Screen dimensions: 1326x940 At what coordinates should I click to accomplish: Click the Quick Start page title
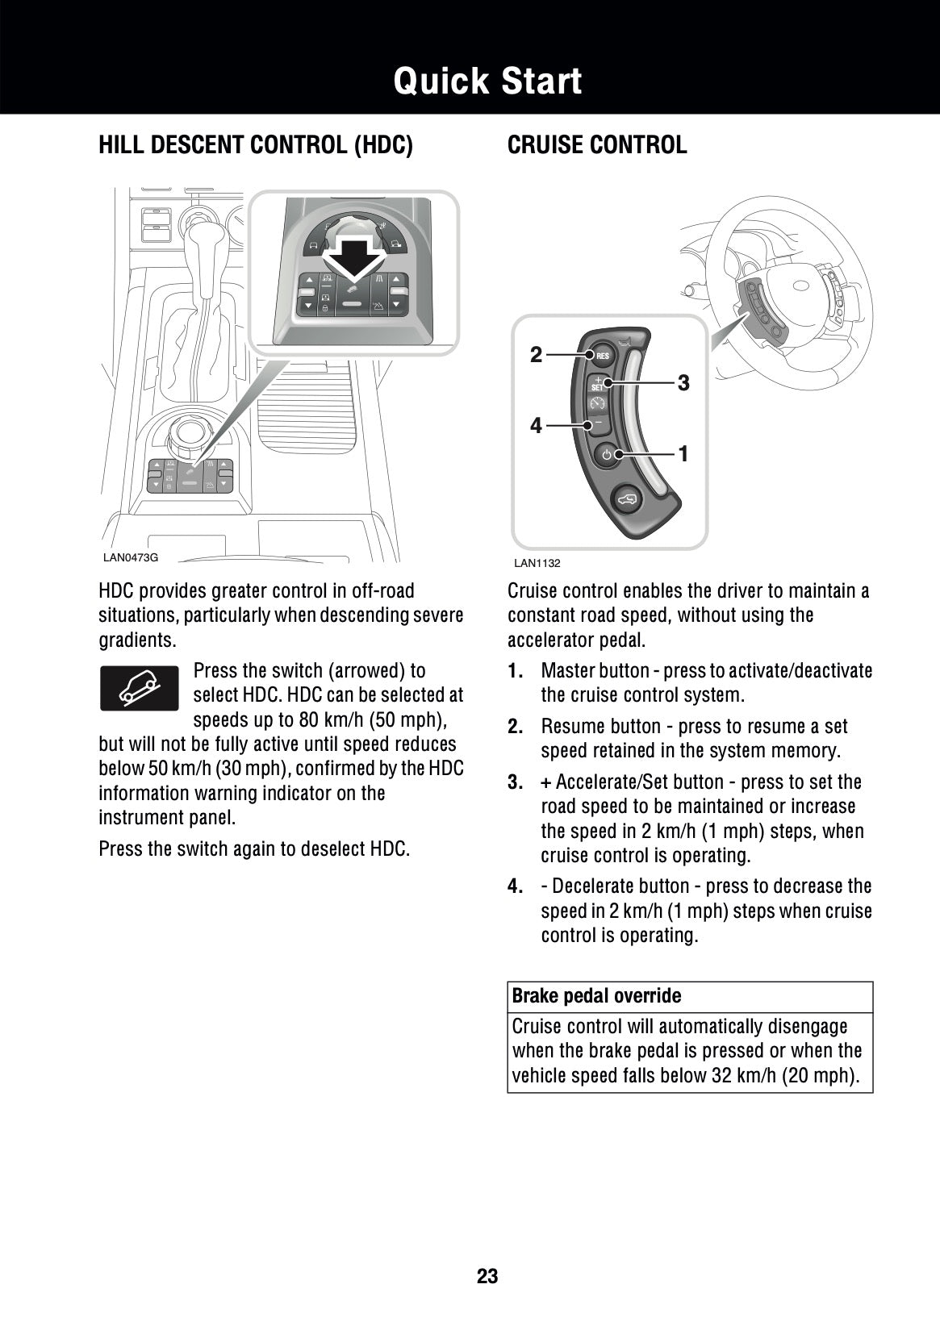click(x=487, y=81)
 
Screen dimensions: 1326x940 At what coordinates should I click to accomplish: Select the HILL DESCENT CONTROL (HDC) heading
click(x=255, y=145)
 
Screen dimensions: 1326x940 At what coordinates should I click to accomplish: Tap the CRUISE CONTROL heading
click(x=597, y=145)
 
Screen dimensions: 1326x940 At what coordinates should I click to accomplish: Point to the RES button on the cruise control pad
click(x=601, y=356)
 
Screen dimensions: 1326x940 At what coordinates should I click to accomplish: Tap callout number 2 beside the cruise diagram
click(x=537, y=354)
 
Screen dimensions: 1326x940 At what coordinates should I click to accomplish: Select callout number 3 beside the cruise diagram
click(x=683, y=383)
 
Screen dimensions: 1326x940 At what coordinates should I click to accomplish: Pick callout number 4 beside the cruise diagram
click(x=537, y=425)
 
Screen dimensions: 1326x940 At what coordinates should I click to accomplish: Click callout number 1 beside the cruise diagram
click(x=683, y=455)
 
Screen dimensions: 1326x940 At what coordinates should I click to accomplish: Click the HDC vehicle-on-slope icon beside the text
click(x=139, y=688)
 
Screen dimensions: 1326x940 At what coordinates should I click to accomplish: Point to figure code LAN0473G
click(x=131, y=557)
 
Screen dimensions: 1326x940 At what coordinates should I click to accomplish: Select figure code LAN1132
click(x=537, y=563)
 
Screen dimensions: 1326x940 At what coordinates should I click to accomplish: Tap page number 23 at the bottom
click(x=487, y=1276)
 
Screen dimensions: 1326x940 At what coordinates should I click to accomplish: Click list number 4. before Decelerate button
click(x=516, y=886)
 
